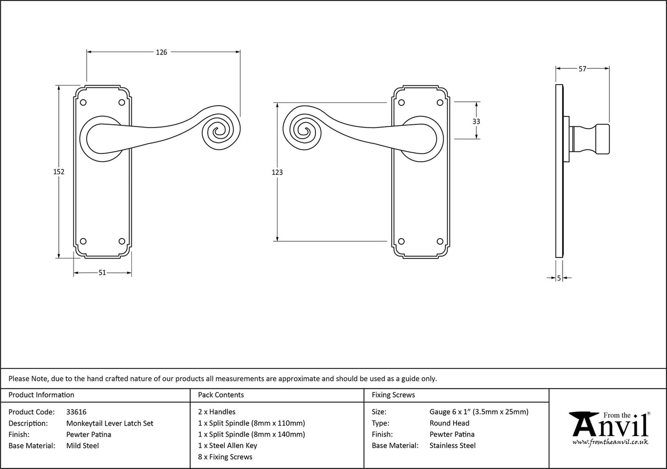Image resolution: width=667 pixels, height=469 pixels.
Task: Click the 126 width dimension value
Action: pyautogui.click(x=161, y=52)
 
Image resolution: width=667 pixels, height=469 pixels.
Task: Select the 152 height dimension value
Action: pyautogui.click(x=59, y=172)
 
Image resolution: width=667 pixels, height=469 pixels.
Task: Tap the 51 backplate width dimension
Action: pyautogui.click(x=102, y=273)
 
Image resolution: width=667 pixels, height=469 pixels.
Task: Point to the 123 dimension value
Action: pyautogui.click(x=277, y=172)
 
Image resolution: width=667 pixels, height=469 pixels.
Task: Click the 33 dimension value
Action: pyautogui.click(x=476, y=121)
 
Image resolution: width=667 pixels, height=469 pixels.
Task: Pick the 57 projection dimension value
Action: pyautogui.click(x=582, y=69)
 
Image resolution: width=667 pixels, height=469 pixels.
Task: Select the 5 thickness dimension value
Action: pyautogui.click(x=559, y=278)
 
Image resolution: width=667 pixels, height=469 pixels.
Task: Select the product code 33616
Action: pyautogui.click(x=76, y=412)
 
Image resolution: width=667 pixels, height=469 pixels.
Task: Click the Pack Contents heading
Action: pyautogui.click(x=221, y=395)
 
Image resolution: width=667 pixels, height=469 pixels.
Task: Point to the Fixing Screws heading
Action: pyautogui.click(x=393, y=395)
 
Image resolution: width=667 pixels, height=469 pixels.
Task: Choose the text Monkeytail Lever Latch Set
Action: pyautogui.click(x=110, y=423)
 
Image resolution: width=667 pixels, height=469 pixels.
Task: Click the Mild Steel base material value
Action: pyautogui.click(x=82, y=446)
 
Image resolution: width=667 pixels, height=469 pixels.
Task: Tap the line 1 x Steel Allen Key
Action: pyautogui.click(x=227, y=446)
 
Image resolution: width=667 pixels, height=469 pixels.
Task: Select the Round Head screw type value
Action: pyautogui.click(x=449, y=423)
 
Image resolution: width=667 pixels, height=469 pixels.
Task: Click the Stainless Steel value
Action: pyautogui.click(x=453, y=446)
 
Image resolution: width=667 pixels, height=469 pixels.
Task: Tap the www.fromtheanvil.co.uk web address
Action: pyautogui.click(x=610, y=442)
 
